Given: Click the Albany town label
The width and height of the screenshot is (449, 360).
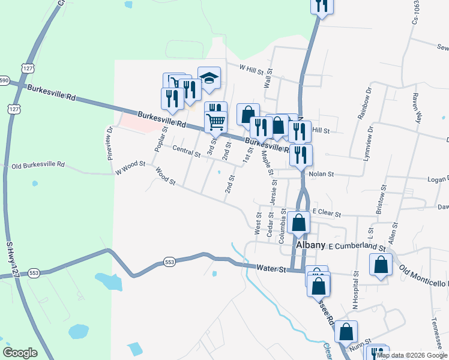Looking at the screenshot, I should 309,247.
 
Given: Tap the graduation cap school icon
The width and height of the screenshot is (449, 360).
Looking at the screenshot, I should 209,78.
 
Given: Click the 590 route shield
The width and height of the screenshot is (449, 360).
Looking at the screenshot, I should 4,80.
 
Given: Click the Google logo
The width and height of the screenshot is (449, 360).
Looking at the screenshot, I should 20,353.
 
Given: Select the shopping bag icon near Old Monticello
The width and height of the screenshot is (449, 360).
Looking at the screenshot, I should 381,265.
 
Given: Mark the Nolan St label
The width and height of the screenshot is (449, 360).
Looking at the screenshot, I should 321,174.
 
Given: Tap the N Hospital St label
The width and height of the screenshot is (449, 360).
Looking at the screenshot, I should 355,289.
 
